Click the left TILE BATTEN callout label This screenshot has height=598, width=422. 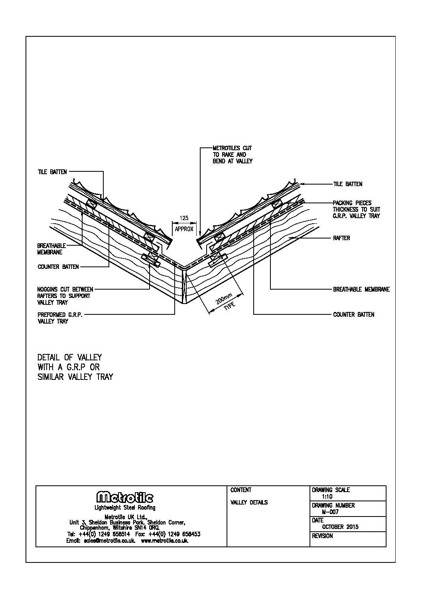click(52, 172)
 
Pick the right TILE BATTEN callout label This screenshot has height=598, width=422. click(347, 184)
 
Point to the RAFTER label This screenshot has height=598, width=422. click(341, 238)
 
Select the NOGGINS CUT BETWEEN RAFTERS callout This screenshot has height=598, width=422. click(65, 296)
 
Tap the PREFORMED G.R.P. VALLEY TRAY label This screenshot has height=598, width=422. click(60, 318)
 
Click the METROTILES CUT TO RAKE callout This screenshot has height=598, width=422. click(232, 155)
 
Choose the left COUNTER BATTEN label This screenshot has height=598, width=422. click(58, 267)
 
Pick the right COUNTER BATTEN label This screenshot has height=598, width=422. click(353, 315)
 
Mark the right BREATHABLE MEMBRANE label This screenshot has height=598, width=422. click(361, 289)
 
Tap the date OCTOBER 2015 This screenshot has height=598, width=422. click(340, 527)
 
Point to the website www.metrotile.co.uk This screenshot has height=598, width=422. click(165, 541)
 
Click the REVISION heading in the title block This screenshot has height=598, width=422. click(322, 536)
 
